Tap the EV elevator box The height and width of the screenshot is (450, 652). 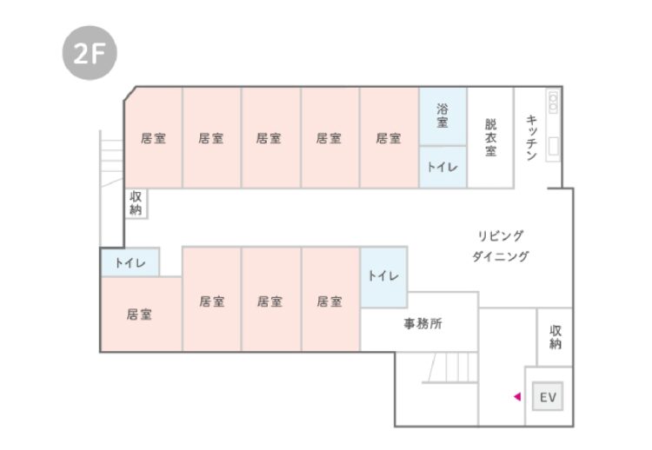(548, 397)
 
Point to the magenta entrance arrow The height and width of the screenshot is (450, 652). (516, 397)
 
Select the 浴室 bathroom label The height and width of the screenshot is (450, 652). (442, 116)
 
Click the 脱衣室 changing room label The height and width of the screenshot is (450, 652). (491, 137)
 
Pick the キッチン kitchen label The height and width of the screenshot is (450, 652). (531, 137)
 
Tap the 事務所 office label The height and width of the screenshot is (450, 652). (422, 324)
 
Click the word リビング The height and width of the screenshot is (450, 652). (501, 235)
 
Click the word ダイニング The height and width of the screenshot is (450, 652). (501, 256)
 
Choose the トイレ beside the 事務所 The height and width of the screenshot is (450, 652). (383, 276)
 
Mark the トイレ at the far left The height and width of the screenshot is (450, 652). (130, 262)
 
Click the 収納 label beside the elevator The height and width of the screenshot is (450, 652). (555, 337)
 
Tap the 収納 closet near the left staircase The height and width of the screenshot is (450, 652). (136, 203)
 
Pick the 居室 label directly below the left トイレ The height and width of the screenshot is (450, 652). (139, 314)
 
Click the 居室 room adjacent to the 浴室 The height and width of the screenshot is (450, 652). (389, 137)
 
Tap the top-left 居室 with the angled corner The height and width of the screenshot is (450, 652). (154, 137)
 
